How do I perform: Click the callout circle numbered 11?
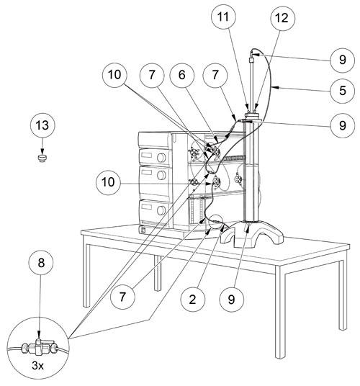[223, 17]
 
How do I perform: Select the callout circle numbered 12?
[282, 18]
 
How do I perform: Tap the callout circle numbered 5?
[342, 91]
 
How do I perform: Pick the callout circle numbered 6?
[182, 75]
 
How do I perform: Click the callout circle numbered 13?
[42, 125]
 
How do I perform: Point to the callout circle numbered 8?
[41, 263]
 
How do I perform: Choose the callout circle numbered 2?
[193, 300]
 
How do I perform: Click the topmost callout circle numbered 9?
[342, 60]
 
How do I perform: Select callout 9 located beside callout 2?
[232, 300]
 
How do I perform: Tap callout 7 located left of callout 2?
[122, 297]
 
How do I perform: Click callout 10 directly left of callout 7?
[114, 75]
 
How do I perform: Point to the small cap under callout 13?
[42, 158]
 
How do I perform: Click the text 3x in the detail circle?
[37, 366]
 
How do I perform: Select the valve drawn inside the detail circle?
[39, 348]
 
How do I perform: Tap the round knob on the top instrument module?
[161, 158]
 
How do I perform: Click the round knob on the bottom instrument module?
[161, 210]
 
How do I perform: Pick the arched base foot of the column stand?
[251, 234]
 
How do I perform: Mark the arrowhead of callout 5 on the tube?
[274, 87]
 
